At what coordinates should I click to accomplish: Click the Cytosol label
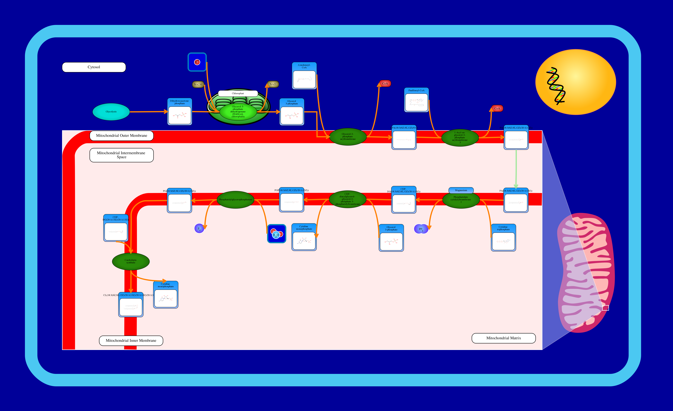point(94,67)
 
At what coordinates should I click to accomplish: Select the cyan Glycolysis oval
point(111,112)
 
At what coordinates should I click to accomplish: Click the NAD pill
point(273,84)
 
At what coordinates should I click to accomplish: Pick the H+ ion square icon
point(197,62)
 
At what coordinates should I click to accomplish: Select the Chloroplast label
point(238,93)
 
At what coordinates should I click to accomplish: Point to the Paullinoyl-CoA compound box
point(416,100)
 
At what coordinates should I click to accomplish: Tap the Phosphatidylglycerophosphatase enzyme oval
point(235,200)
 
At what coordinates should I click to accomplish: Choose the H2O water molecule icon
point(276,234)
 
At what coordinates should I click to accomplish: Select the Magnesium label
point(461,190)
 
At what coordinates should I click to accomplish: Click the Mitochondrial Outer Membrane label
point(122,136)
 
